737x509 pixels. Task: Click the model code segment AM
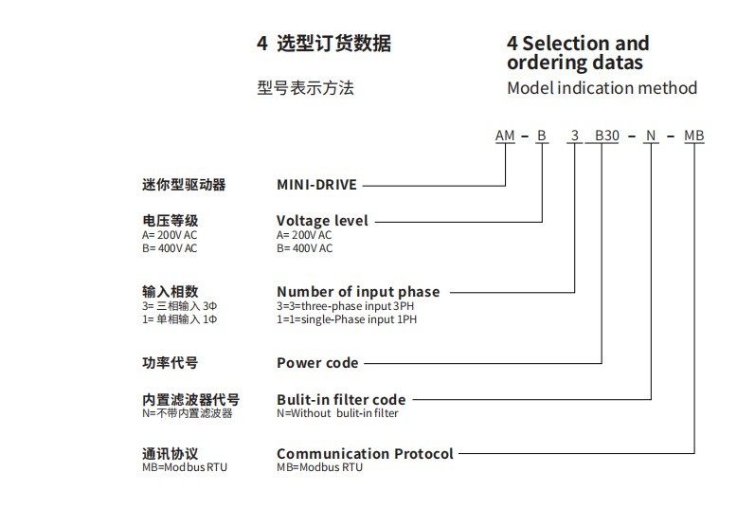(505, 136)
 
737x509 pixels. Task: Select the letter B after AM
(542, 136)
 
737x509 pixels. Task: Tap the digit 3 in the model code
(575, 136)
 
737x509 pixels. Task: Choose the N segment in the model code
(651, 136)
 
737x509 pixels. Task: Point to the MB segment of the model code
(694, 136)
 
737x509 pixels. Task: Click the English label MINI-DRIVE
(316, 186)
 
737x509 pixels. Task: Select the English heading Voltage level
(322, 221)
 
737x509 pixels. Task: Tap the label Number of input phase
(358, 292)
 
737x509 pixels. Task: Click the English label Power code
(317, 362)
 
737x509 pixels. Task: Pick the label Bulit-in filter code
(341, 400)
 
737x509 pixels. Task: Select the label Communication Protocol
(365, 453)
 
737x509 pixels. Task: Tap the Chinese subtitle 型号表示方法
(305, 88)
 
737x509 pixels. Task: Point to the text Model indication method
(602, 88)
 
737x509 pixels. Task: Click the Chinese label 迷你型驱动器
(184, 186)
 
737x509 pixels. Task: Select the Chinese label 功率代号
(170, 362)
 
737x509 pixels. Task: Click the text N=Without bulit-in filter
(337, 414)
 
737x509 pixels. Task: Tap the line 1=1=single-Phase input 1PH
(347, 319)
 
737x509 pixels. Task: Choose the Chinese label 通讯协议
(170, 453)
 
